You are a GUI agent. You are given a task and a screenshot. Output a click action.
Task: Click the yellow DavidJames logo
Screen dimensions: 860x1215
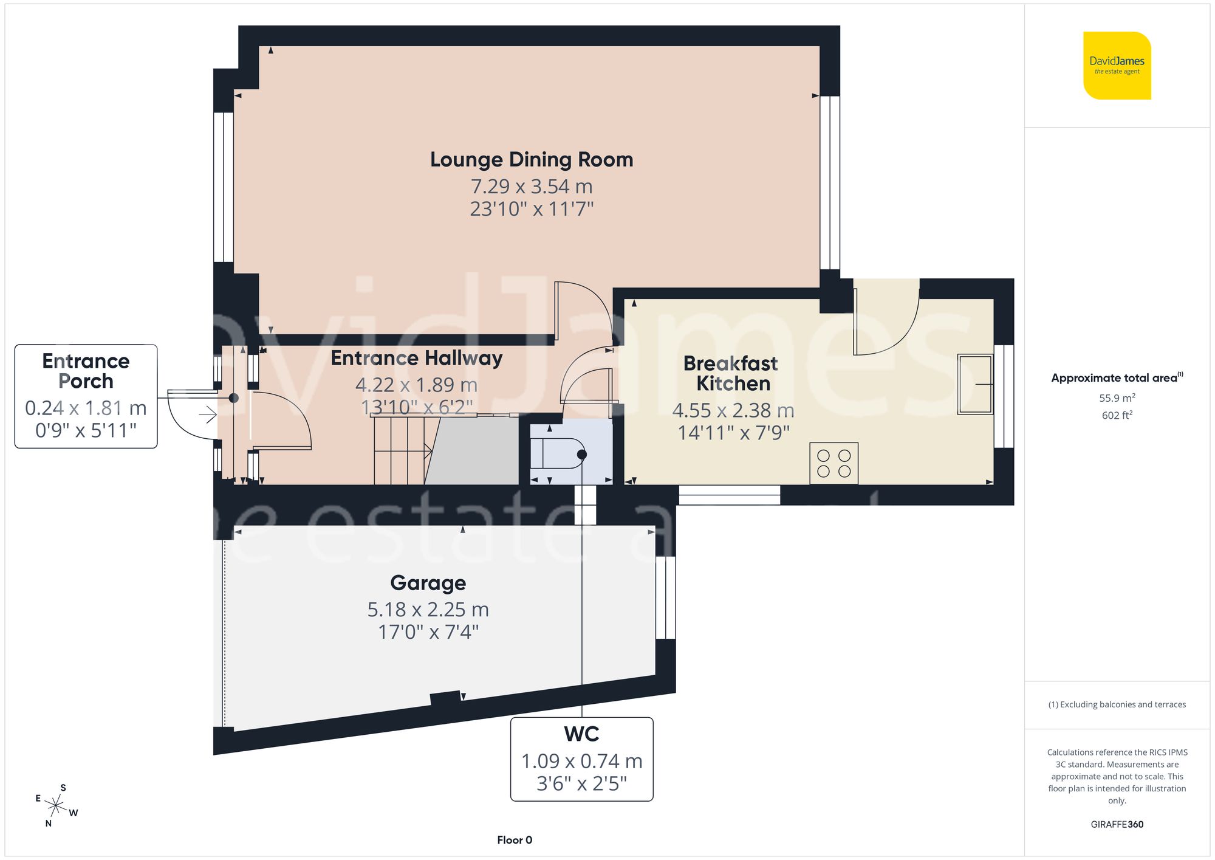1117,66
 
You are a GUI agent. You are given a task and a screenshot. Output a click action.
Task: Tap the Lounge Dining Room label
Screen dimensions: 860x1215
532,160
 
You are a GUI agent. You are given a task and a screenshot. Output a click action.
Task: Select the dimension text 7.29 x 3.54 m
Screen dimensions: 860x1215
532,186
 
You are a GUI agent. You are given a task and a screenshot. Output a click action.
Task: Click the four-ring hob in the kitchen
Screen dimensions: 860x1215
833,464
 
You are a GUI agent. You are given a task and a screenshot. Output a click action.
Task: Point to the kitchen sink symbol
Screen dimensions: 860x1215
974,384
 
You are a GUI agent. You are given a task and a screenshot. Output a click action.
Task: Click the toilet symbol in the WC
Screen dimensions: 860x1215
556,453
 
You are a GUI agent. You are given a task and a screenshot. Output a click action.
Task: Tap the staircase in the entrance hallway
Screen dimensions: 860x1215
401,450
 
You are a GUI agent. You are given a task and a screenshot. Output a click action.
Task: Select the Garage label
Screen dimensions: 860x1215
428,583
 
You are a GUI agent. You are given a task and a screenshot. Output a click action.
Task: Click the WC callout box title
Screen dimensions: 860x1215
581,734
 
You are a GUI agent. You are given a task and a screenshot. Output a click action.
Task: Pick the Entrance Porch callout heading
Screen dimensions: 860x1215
86,371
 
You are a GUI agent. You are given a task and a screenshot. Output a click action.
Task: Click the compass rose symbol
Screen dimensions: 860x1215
56,807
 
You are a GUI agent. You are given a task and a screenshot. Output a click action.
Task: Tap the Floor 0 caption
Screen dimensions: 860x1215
514,840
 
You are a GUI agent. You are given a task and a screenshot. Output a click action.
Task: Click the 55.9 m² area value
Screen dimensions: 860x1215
1117,398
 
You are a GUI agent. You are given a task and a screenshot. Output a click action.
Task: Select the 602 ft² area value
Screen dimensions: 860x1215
1117,416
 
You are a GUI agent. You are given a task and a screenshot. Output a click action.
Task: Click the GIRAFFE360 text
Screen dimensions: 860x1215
1117,825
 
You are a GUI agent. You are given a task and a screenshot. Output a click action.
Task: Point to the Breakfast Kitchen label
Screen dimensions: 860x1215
731,373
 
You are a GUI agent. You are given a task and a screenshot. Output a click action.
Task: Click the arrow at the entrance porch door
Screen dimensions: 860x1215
208,415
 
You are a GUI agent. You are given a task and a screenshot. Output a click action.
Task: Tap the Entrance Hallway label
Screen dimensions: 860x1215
416,358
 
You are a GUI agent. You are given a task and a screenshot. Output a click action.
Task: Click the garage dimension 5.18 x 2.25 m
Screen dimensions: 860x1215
428,609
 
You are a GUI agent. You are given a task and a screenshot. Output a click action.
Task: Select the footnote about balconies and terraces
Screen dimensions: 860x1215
1117,704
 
